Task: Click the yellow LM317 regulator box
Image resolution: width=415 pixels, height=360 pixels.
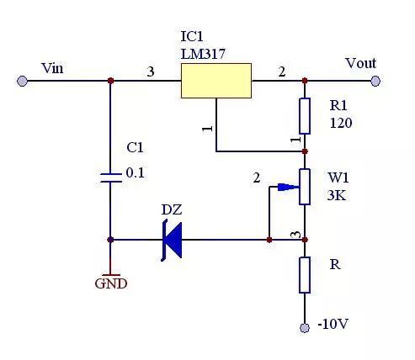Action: click(216, 81)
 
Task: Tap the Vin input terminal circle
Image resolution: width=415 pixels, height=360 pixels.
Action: click(22, 81)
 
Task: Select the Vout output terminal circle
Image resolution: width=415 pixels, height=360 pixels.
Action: click(375, 81)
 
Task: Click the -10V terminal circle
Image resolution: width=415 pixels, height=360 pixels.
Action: click(305, 326)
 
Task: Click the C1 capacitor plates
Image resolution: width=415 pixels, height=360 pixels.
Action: click(110, 177)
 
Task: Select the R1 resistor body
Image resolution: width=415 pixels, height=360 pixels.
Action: click(305, 115)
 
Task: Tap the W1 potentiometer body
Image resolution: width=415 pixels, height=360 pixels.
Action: click(305, 187)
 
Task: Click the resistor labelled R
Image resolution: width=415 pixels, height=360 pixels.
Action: click(305, 275)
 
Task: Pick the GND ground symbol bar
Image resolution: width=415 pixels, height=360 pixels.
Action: click(110, 273)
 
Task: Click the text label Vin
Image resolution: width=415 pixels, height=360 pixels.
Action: click(51, 67)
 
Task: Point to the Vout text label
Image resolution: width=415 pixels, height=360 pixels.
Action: click(360, 63)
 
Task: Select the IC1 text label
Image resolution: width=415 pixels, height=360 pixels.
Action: click(193, 38)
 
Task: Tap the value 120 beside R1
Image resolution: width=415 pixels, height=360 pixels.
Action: click(341, 123)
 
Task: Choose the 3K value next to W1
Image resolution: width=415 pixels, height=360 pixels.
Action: click(338, 195)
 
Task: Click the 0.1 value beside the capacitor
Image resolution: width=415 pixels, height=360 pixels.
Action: click(135, 172)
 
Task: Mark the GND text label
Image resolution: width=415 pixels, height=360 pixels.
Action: click(110, 284)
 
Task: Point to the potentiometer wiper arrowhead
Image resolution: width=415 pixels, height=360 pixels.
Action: click(295, 187)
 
